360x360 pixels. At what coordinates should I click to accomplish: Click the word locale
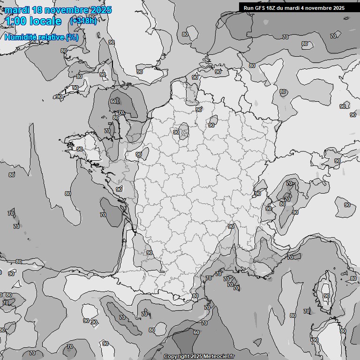point(45,21)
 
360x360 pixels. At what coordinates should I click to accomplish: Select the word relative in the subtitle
point(51,37)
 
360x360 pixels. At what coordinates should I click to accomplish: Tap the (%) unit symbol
point(72,37)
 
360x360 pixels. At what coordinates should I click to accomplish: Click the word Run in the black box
point(249,8)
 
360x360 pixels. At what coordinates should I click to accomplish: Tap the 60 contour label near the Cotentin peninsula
point(113,101)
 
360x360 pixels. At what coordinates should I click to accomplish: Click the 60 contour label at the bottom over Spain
point(196,332)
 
